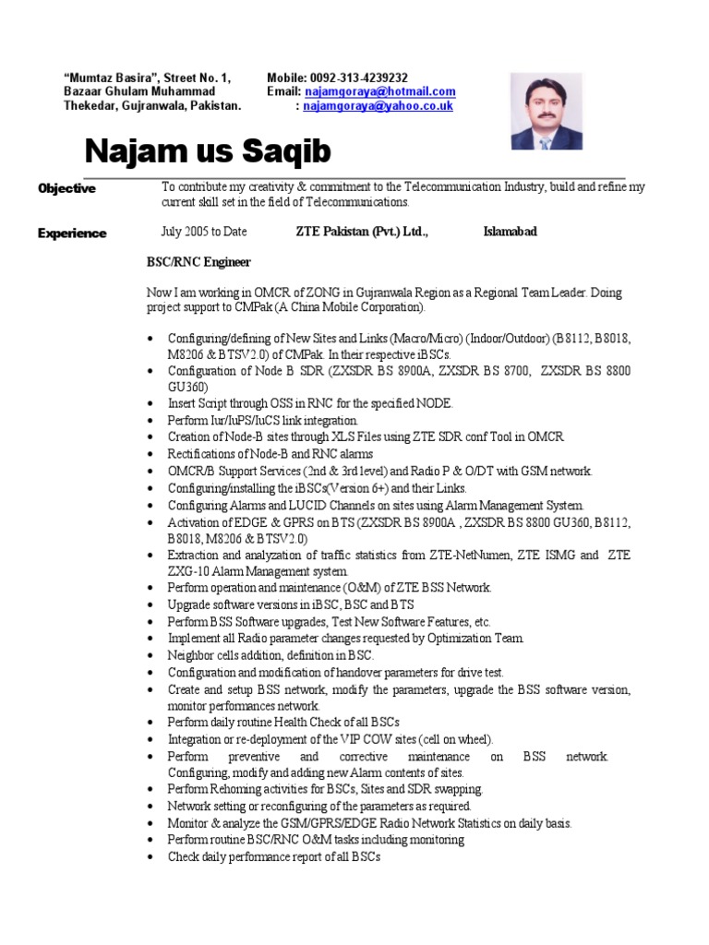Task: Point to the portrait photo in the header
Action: (x=547, y=112)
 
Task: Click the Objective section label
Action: (x=66, y=188)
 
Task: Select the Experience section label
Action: (x=72, y=233)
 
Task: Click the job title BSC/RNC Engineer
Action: (x=198, y=263)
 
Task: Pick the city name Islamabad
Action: (x=510, y=232)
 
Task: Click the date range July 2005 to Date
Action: (x=204, y=232)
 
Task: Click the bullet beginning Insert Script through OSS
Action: (x=310, y=403)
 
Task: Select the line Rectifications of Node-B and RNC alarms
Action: (x=270, y=453)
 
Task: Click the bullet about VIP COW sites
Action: (x=330, y=739)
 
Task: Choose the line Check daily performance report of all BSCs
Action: (x=274, y=856)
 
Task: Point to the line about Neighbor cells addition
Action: (x=270, y=654)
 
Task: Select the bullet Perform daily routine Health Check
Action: (x=283, y=722)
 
